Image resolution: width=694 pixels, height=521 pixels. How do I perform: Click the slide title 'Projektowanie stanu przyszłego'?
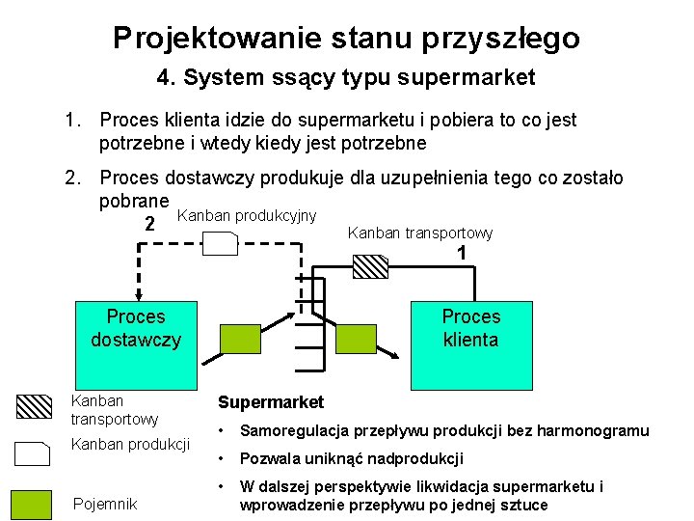(346, 38)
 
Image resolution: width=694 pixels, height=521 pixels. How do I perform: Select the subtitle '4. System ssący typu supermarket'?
(346, 77)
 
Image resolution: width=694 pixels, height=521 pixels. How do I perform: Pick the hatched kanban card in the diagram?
(370, 265)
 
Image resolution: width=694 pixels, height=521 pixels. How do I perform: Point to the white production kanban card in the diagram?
(221, 245)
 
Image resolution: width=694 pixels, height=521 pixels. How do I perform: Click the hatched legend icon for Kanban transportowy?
(36, 406)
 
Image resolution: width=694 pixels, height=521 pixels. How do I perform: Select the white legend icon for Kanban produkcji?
(35, 453)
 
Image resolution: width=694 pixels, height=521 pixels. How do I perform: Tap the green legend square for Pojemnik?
(31, 504)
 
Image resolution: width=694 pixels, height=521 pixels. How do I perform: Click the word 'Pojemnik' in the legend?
(105, 504)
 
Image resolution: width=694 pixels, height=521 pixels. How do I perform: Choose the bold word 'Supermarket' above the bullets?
(271, 402)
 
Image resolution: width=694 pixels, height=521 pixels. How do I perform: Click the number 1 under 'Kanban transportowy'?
(463, 253)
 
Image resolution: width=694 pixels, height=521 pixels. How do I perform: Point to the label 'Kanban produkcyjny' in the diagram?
(248, 214)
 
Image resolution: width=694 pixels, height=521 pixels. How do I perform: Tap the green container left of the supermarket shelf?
(242, 339)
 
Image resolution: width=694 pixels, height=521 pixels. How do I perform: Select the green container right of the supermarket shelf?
(355, 339)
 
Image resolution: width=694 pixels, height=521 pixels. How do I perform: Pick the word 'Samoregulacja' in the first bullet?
(292, 430)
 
